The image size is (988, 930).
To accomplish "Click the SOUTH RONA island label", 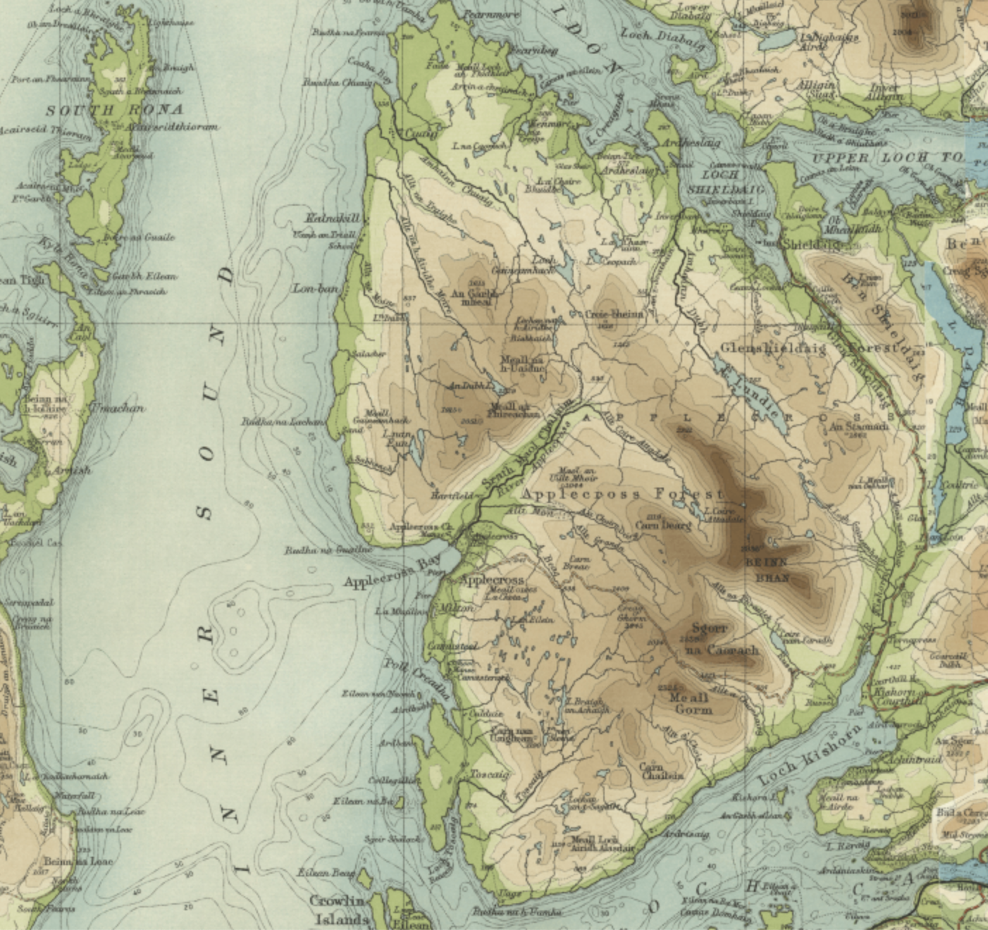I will [114, 110].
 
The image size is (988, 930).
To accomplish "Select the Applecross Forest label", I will [624, 494].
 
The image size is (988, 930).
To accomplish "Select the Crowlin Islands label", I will [339, 910].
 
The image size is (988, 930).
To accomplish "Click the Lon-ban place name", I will [316, 289].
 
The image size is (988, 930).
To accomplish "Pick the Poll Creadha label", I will [416, 680].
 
